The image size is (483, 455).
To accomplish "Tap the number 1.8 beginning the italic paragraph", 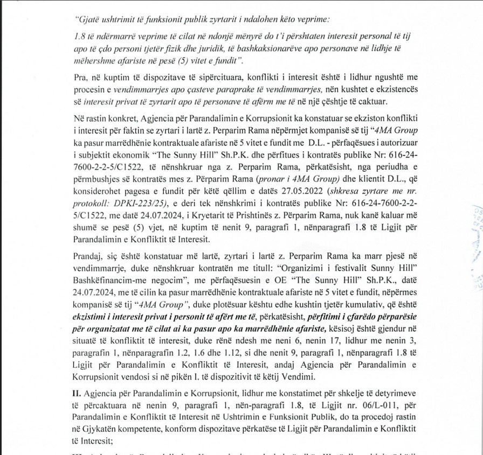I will (80, 36).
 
